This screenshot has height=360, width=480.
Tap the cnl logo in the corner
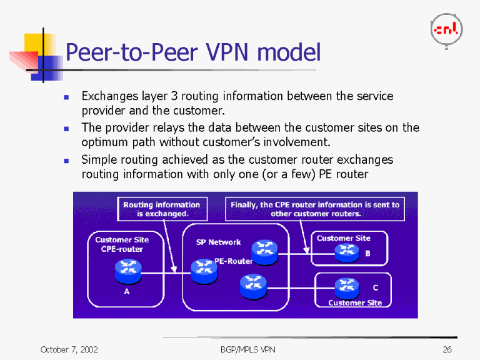(x=446, y=29)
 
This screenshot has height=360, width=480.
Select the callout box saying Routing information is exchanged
(x=162, y=209)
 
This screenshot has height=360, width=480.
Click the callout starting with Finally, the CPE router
(x=314, y=209)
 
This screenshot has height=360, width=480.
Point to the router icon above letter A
(x=128, y=270)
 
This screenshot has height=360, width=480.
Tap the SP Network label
(x=218, y=242)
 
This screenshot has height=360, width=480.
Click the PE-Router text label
(x=233, y=261)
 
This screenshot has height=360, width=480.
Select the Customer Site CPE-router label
(x=122, y=244)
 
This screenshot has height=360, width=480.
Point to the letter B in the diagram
(x=367, y=254)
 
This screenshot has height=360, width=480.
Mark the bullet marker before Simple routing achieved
(x=66, y=161)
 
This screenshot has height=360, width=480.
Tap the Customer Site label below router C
(x=354, y=302)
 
